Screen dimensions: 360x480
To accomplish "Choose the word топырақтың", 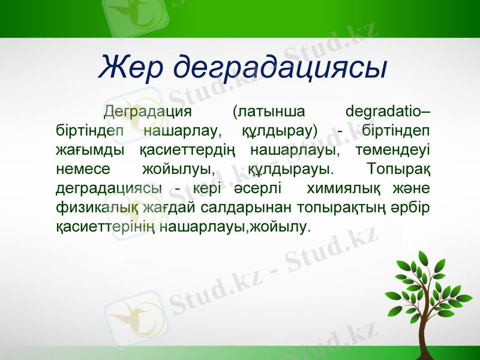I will pos(338,207).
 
